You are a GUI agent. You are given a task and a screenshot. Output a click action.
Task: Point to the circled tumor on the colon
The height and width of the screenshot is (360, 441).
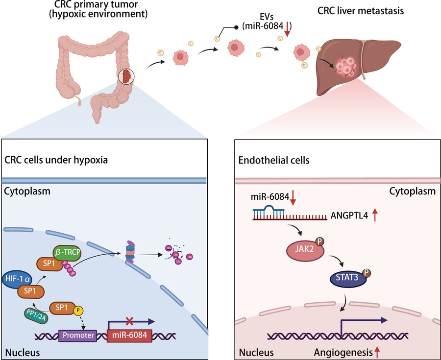pyautogui.click(x=127, y=77)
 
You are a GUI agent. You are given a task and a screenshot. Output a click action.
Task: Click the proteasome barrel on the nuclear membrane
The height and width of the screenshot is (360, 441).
pyautogui.click(x=130, y=251)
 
